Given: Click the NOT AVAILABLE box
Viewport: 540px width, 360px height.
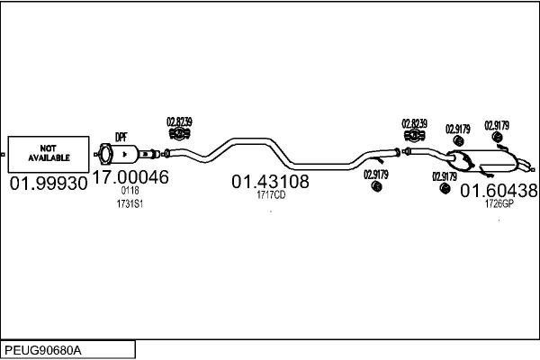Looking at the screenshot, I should pyautogui.click(x=48, y=154).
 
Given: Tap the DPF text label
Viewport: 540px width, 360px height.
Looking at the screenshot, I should pyautogui.click(x=121, y=137).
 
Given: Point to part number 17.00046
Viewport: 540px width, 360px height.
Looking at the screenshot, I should pyautogui.click(x=130, y=177).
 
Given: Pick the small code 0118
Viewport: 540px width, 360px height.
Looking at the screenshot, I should pyautogui.click(x=130, y=191).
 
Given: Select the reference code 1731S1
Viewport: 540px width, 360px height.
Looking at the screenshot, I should pyautogui.click(x=130, y=204).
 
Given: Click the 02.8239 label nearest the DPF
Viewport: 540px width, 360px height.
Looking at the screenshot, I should pyautogui.click(x=179, y=121).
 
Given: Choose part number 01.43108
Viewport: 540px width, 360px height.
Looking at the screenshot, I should pyautogui.click(x=270, y=182).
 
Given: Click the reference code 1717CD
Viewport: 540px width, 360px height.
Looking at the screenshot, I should pyautogui.click(x=270, y=194).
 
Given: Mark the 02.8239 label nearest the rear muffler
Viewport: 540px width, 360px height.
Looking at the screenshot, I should pyautogui.click(x=415, y=123).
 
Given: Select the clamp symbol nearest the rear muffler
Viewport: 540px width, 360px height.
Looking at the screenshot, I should pyautogui.click(x=415, y=137).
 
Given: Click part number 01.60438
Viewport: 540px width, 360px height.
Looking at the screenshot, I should pyautogui.click(x=499, y=191).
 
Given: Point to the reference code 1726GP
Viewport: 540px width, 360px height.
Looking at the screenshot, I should pyautogui.click(x=499, y=204).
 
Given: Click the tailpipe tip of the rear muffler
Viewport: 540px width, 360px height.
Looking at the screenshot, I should pyautogui.click(x=525, y=165).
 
